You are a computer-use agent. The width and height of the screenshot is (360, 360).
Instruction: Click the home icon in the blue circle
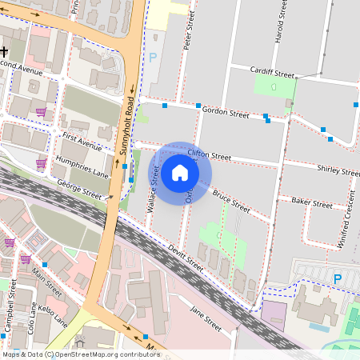(180, 172)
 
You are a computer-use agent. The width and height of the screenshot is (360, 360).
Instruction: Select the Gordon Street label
(226, 112)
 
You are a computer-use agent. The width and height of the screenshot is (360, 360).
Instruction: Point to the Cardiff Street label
(272, 70)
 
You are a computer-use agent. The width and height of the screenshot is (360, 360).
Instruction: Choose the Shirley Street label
(338, 170)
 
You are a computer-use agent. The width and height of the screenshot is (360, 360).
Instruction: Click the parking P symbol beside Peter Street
(153, 58)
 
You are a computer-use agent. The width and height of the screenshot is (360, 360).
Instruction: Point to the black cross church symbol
(3, 50)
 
